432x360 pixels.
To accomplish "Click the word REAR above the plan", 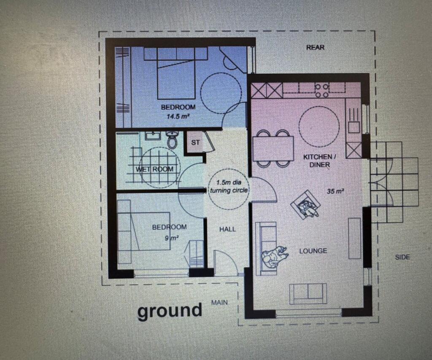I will coord(315,47).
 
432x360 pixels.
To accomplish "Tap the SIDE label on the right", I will coord(402,257).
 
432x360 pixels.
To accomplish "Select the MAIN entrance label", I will coord(219,302).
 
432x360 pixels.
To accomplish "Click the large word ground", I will coord(170,310).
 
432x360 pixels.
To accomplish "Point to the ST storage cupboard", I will coord(195,142).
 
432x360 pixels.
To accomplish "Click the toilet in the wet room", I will coord(172,140).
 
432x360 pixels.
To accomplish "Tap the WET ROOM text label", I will coord(154,169).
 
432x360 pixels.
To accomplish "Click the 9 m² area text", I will coord(172,238).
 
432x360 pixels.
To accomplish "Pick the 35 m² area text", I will coord(335,191).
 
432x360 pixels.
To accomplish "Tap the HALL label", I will coord(227,229).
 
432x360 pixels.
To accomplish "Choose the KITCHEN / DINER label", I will coord(320,161).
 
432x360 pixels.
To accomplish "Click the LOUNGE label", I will coord(313,251).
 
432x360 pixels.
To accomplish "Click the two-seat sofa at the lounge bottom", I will coord(308,294).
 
